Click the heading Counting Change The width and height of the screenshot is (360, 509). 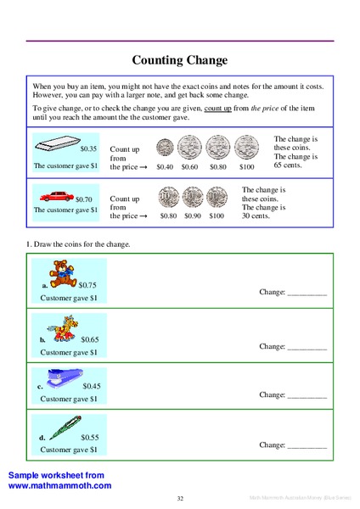[x=180, y=60]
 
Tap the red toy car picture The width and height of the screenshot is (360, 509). [x=57, y=196]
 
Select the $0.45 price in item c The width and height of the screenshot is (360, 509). [x=93, y=386]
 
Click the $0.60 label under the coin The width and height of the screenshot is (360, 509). [x=191, y=167]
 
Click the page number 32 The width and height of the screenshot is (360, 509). [x=180, y=498]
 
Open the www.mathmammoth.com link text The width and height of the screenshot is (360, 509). [x=59, y=486]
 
